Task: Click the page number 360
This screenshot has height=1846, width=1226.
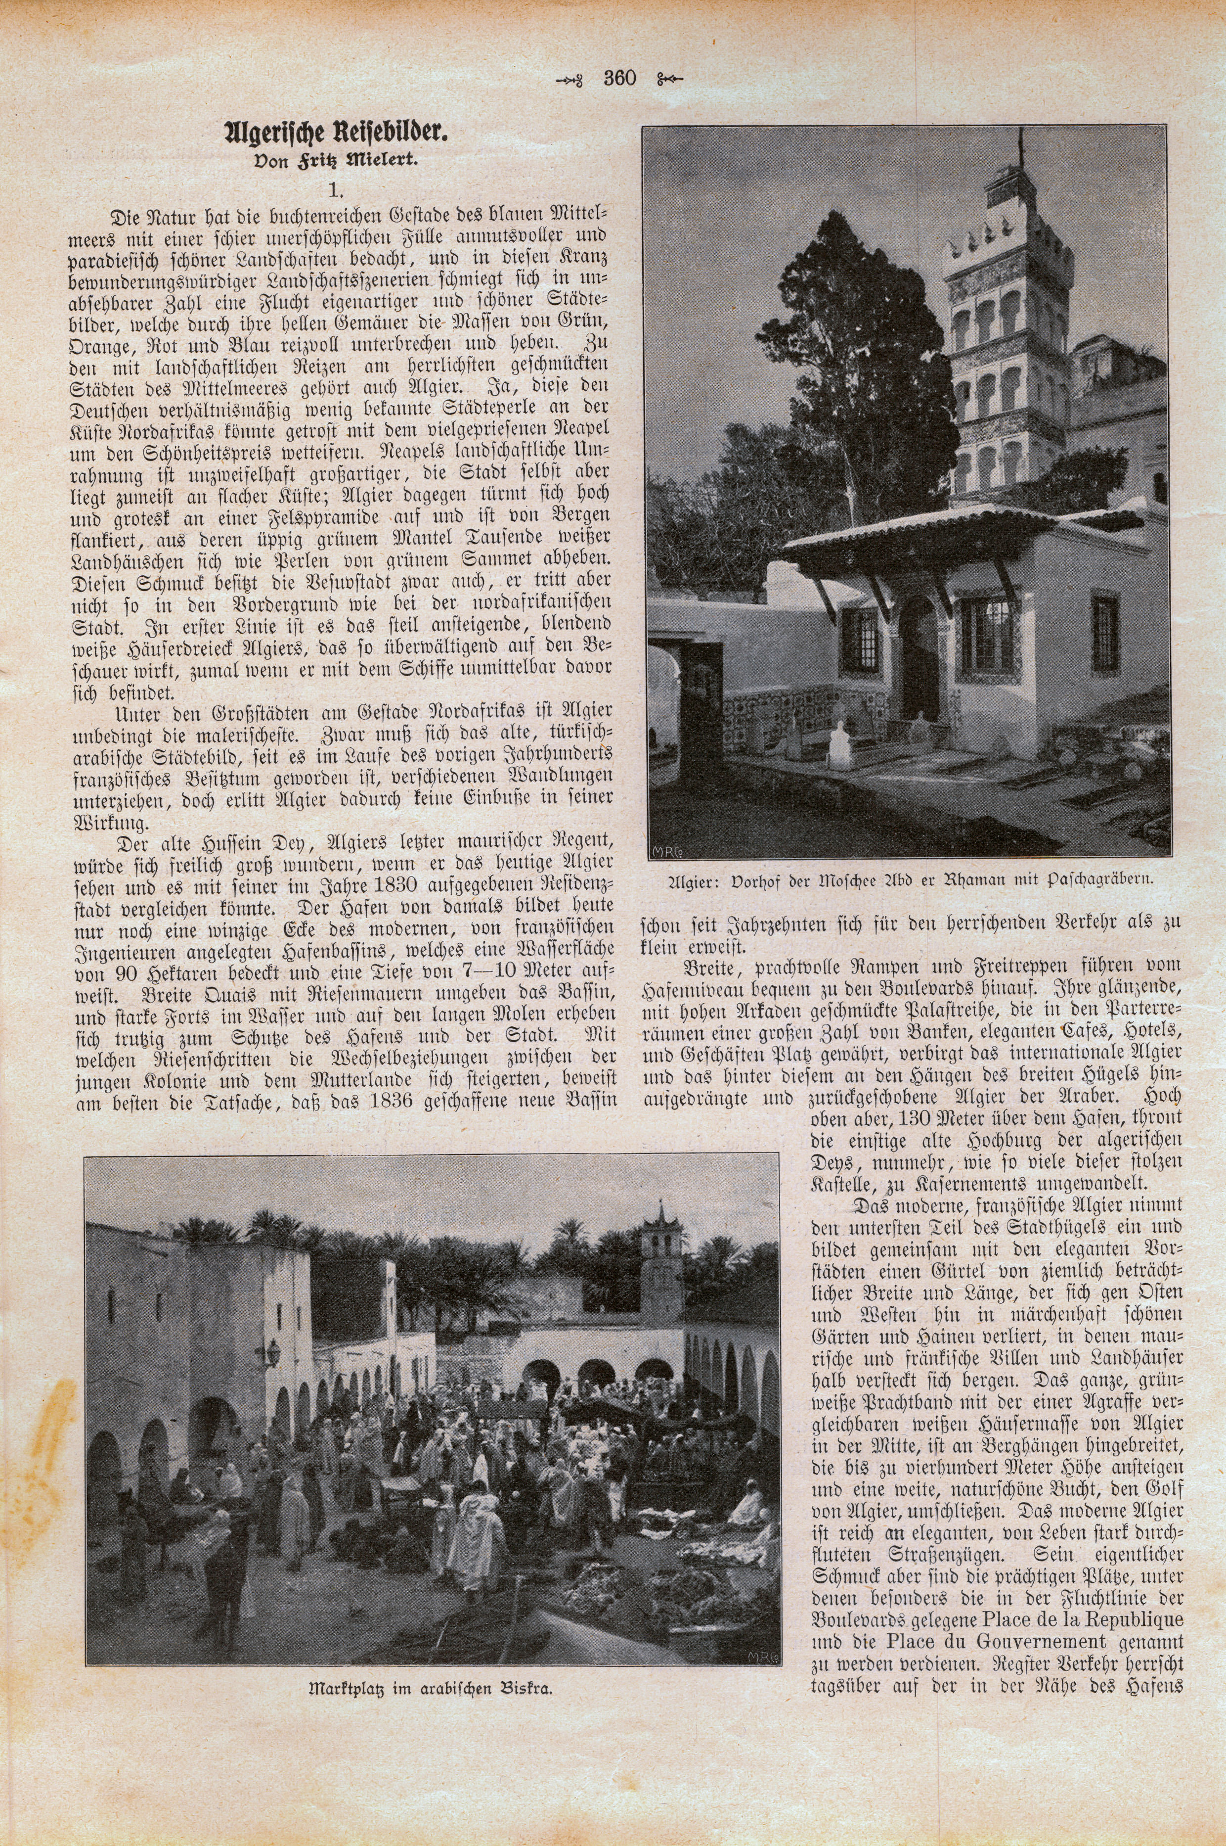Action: [x=620, y=78]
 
